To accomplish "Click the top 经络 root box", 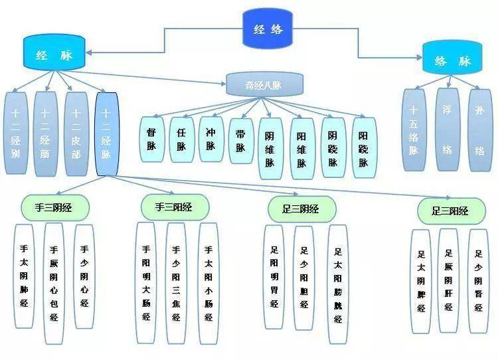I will (268, 29).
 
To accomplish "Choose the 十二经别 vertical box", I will (17, 132).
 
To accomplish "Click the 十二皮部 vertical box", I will (76, 132).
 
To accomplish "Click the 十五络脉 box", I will (414, 130).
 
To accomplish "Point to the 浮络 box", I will (447, 130).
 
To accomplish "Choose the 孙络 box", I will (479, 130).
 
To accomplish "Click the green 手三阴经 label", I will (54, 208).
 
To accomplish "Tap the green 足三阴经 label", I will (301, 209).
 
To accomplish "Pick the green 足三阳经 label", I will (450, 211).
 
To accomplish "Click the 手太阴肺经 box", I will (24, 276).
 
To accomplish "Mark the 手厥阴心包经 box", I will (54, 276).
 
